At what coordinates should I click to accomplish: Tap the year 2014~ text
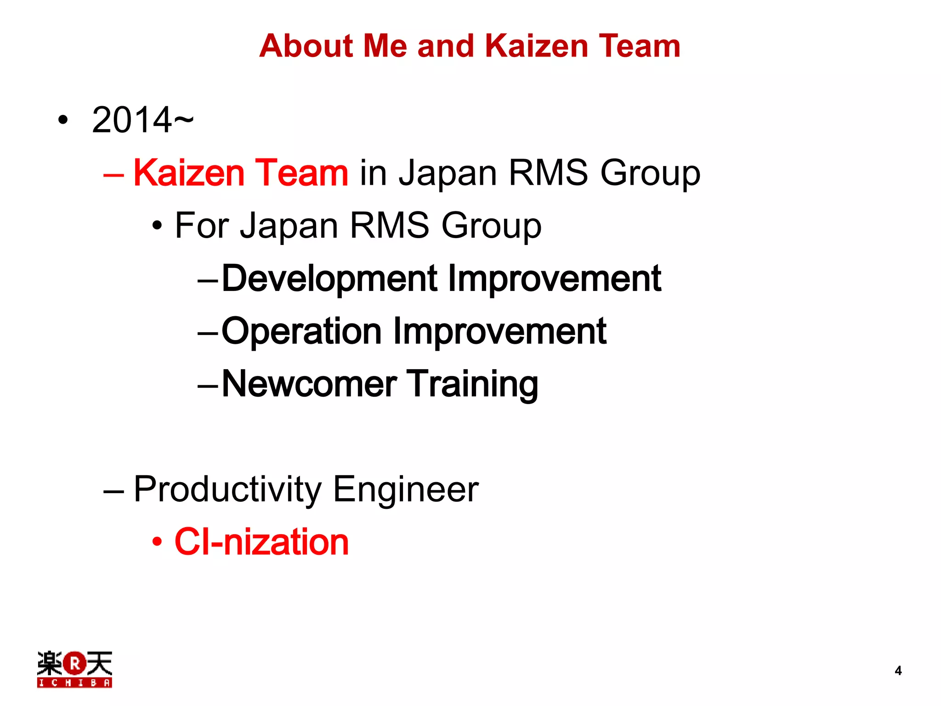[x=142, y=120]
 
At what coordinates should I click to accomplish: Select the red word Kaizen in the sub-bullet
[x=188, y=173]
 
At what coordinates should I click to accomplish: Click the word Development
[x=329, y=279]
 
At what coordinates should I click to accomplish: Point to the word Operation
[x=301, y=331]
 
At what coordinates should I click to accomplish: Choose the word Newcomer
[x=309, y=384]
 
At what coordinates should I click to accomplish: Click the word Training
[x=473, y=384]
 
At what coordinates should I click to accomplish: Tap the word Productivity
[x=228, y=490]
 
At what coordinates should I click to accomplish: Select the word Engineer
[x=406, y=490]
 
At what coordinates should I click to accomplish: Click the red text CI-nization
[x=261, y=542]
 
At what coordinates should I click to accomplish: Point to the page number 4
[x=898, y=671]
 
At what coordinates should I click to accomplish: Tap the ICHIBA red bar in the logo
[x=74, y=683]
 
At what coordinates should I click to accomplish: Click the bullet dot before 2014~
[x=63, y=120]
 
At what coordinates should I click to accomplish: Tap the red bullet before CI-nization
[x=157, y=542]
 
